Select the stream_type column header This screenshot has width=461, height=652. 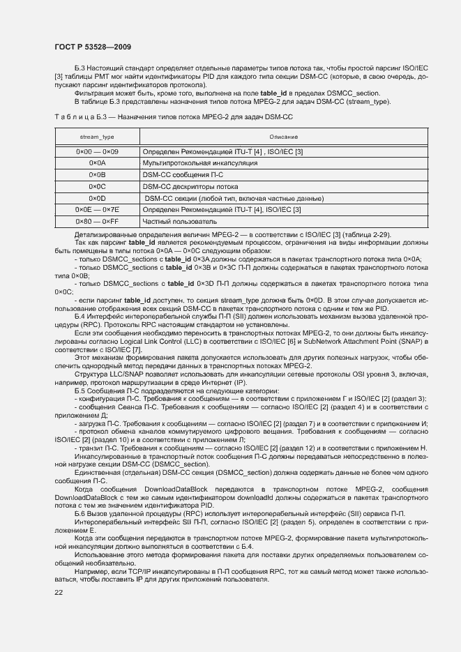[97, 137]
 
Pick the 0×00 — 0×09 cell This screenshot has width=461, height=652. [97, 151]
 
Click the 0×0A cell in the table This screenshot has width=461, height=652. [97, 162]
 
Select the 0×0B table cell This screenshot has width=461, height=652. [97, 174]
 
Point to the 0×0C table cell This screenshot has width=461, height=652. [97, 186]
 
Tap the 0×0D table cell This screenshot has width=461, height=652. [97, 198]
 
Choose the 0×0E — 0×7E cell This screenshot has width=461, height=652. [97, 209]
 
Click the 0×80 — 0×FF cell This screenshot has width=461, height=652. [97, 221]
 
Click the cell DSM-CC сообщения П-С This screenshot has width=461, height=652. [183, 174]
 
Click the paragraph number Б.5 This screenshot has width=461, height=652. [80, 391]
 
